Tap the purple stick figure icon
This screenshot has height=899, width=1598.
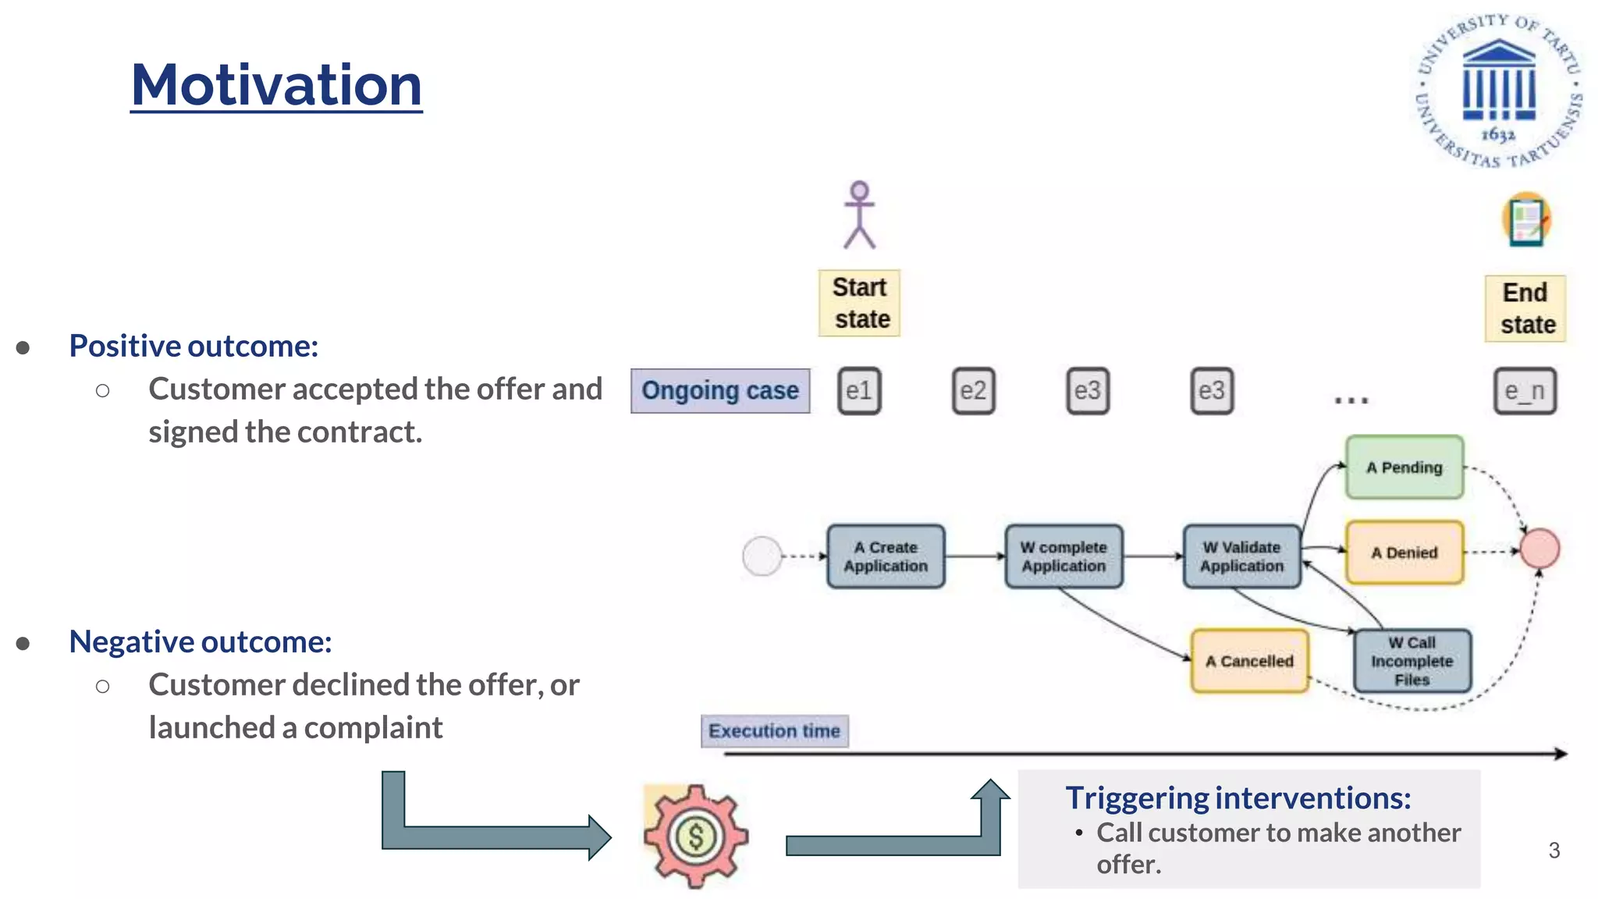[x=859, y=215]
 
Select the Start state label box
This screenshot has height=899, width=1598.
[x=859, y=303]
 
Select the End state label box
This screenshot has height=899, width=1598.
[x=1525, y=308]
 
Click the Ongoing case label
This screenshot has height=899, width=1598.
[x=720, y=390]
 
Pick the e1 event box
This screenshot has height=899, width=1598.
[x=859, y=390]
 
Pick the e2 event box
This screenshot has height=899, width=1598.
[x=973, y=390]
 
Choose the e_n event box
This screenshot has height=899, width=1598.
[x=1525, y=390]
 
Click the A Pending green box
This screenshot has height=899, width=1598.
[x=1404, y=467]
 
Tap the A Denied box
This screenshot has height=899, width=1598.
[x=1404, y=553]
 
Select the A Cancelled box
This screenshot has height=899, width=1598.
[x=1249, y=661]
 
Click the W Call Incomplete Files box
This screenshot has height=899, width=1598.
[x=1412, y=661]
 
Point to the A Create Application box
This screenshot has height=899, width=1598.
[x=886, y=556]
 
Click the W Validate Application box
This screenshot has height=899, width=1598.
[x=1241, y=556]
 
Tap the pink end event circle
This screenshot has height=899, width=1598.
[x=1539, y=548]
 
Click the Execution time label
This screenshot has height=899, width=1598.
[x=774, y=731]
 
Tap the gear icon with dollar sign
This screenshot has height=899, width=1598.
[x=695, y=836]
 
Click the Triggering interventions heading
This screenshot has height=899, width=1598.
[x=1238, y=798]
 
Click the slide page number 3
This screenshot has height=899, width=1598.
[x=1554, y=850]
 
